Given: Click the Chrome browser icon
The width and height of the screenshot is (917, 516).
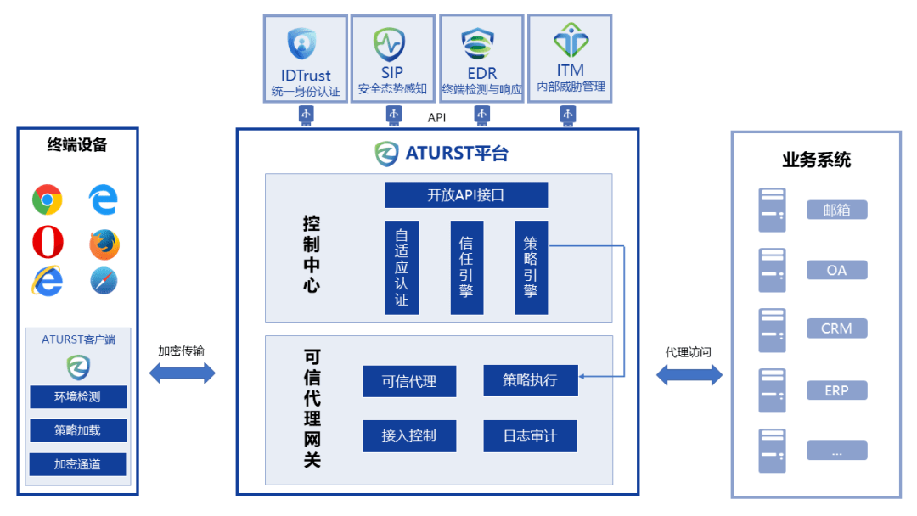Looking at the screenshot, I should tap(48, 200).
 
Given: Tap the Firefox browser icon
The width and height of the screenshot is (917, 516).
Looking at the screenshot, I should tap(104, 244).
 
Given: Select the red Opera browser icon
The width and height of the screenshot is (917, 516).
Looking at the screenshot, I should tap(48, 243).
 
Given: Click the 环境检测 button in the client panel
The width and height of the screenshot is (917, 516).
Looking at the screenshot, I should tap(78, 397).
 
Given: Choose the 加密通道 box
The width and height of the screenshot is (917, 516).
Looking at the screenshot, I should tap(78, 464).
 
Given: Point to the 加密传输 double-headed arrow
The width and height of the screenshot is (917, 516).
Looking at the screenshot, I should tap(183, 373).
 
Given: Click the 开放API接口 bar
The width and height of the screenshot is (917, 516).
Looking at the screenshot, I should tap(466, 194).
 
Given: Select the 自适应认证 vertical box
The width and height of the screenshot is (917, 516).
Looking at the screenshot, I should tap(402, 267).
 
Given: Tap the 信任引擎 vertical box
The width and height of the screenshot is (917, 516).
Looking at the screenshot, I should tap(466, 267).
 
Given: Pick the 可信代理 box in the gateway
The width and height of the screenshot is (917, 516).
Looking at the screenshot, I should tap(409, 381).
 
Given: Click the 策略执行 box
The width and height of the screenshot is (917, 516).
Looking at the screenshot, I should tap(531, 380).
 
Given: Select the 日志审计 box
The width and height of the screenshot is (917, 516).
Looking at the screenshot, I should tap(531, 436).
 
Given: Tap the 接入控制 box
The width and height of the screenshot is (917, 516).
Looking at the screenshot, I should tap(409, 436).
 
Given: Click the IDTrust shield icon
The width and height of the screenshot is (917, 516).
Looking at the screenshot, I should tap(301, 42).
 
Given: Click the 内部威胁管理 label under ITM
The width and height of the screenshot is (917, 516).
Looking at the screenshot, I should tap(571, 87).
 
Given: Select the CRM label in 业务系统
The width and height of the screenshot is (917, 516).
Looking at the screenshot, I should tap(836, 328).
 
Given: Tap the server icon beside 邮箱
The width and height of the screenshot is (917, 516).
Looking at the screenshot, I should tap(772, 210).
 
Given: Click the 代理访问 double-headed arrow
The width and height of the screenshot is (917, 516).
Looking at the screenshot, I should tap(689, 374).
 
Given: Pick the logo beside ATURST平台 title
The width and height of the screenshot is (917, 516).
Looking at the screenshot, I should tap(387, 154).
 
